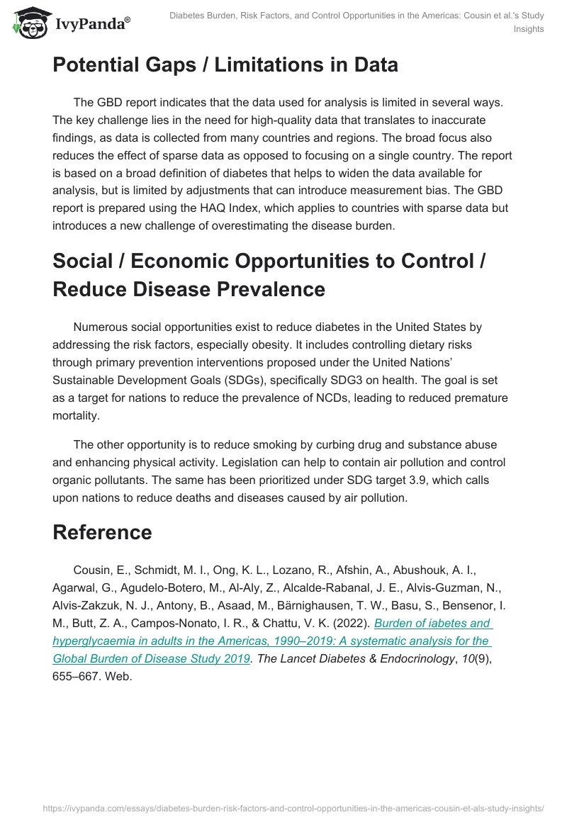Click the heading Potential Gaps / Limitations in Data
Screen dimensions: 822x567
(225, 65)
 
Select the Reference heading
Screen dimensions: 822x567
(102, 533)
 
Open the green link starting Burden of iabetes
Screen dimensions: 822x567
(272, 641)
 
